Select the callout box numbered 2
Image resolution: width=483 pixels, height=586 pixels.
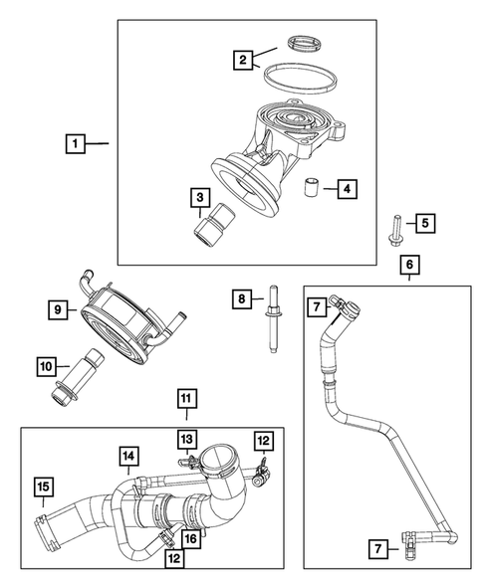[x=241, y=61]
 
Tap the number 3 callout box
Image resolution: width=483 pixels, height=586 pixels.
[x=200, y=199]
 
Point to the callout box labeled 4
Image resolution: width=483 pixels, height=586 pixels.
[x=346, y=186]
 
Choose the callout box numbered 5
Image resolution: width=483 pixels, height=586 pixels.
[x=423, y=224]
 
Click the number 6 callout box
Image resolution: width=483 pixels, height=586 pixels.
[x=408, y=264]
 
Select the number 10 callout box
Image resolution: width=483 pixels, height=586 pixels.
[x=47, y=367]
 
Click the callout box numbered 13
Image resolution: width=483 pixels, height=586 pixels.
[x=185, y=438]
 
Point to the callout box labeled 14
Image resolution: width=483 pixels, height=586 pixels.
[x=128, y=457]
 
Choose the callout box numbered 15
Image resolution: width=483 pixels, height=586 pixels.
[x=43, y=487]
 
